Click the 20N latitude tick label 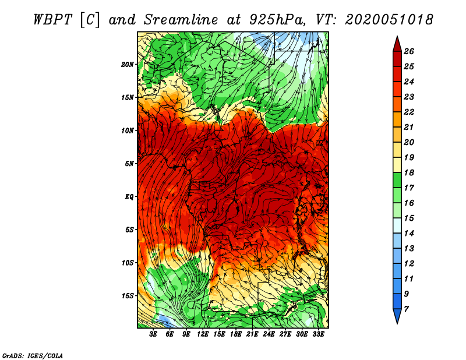(x=127, y=64)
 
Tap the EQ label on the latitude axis (x=129, y=196)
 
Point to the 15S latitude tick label (x=128, y=296)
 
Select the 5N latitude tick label (x=129, y=164)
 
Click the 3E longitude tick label (x=153, y=334)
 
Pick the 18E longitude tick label (x=235, y=334)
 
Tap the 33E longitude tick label (x=318, y=334)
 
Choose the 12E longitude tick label (x=202, y=334)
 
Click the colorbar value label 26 (x=409, y=51)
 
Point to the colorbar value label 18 (x=409, y=172)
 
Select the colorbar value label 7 (x=406, y=309)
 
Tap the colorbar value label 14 (x=409, y=234)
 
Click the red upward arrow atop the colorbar (x=397, y=44)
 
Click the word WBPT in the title (x=52, y=20)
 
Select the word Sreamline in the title (x=181, y=20)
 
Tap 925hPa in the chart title (x=278, y=20)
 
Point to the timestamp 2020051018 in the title (x=389, y=20)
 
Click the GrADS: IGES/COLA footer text (x=33, y=355)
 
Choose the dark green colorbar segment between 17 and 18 (x=397, y=180)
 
